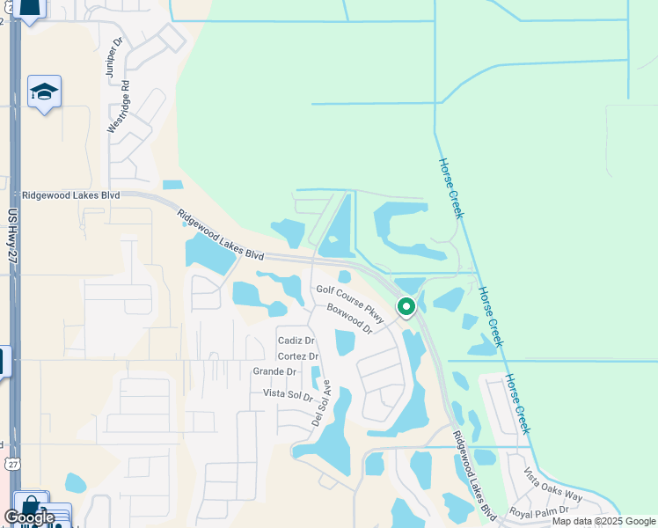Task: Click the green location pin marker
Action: [x=406, y=307]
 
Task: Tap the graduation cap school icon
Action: [x=44, y=92]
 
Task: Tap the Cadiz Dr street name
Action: [x=296, y=341]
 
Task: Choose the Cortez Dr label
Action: [x=297, y=356]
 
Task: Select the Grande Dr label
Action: [x=274, y=372]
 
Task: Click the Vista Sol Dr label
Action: [x=288, y=394]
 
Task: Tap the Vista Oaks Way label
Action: [x=552, y=485]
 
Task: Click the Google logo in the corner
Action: [x=29, y=517]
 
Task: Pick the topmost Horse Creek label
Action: [x=450, y=188]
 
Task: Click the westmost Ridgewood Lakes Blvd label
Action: [x=70, y=195]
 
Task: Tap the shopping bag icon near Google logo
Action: [x=32, y=506]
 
